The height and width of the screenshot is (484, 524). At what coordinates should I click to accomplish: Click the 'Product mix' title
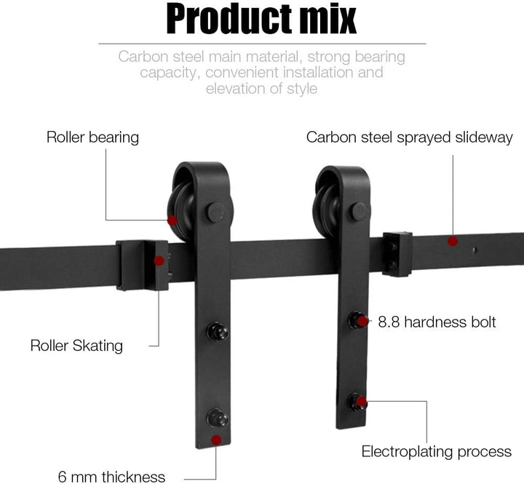click(x=261, y=19)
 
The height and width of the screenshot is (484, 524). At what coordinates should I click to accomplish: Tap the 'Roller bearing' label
click(x=92, y=138)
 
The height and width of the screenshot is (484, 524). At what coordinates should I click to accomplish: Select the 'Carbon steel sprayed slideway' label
click(x=409, y=138)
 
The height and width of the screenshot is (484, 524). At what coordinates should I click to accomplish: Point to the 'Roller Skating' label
click(x=76, y=346)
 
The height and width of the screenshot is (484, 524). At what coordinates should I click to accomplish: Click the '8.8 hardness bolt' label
click(x=437, y=322)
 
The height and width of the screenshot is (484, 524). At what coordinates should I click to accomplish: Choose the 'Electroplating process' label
click(x=437, y=451)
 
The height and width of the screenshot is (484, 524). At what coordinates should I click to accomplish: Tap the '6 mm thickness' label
click(x=111, y=476)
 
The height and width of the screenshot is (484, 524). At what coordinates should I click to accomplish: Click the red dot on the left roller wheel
click(x=172, y=221)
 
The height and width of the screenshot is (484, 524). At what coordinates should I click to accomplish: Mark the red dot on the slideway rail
click(x=453, y=241)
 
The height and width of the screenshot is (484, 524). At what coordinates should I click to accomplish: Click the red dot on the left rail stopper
click(x=159, y=261)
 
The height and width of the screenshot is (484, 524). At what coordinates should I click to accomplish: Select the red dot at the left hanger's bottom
click(x=216, y=440)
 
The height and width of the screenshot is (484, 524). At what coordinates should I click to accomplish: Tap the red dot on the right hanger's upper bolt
click(x=362, y=322)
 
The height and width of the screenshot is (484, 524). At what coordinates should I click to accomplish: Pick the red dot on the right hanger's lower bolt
click(x=361, y=402)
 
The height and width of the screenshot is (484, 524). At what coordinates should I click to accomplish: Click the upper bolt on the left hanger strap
click(x=218, y=332)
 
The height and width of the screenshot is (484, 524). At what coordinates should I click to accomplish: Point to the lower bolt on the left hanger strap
click(x=218, y=418)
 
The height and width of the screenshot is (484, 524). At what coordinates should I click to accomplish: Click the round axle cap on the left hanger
click(x=216, y=213)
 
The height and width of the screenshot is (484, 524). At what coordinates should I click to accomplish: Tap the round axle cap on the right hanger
click(x=359, y=212)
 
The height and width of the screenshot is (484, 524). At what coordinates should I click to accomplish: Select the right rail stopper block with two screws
click(x=397, y=254)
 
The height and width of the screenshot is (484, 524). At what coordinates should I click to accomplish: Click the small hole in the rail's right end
click(x=475, y=250)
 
